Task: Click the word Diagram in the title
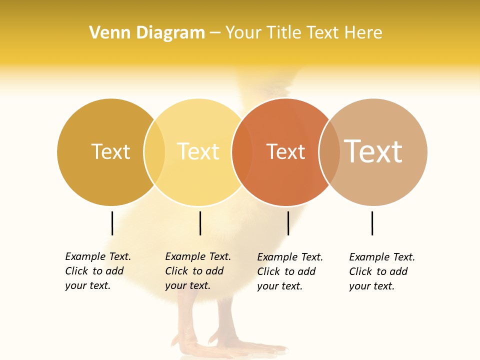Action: (x=170, y=33)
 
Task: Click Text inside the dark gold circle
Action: (x=110, y=151)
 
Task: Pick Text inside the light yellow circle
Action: (x=198, y=151)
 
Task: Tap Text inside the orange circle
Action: (x=285, y=151)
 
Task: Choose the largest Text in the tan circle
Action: (x=373, y=151)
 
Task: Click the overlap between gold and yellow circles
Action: (x=154, y=152)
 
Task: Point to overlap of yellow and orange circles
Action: (x=242, y=152)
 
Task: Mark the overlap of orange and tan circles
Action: (x=329, y=152)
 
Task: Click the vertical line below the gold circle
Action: (x=112, y=223)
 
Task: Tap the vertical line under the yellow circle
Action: (x=200, y=223)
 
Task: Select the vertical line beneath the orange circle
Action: (x=288, y=223)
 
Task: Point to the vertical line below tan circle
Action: (x=372, y=223)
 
